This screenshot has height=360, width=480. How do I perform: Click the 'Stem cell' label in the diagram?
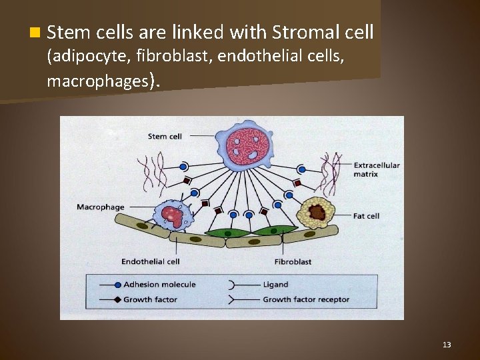tap(165, 137)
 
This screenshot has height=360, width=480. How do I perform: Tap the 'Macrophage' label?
tap(100, 207)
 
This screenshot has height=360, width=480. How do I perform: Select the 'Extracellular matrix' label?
tap(377, 169)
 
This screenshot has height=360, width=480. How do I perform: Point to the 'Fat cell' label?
tap(366, 216)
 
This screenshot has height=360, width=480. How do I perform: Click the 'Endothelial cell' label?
tap(151, 261)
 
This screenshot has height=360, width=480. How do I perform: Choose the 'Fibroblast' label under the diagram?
tap(293, 261)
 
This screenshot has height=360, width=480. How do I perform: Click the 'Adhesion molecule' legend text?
tap(159, 285)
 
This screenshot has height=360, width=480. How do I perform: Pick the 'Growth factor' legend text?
tap(150, 299)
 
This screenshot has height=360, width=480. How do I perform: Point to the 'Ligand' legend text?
tap(275, 285)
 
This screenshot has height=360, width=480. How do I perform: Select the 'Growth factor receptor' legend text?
tap(305, 299)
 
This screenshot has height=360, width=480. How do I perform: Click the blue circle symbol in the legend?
tap(117, 285)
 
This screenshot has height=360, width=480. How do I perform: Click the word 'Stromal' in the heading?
tap(303, 31)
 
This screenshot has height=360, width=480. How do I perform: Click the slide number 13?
tap(447, 345)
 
